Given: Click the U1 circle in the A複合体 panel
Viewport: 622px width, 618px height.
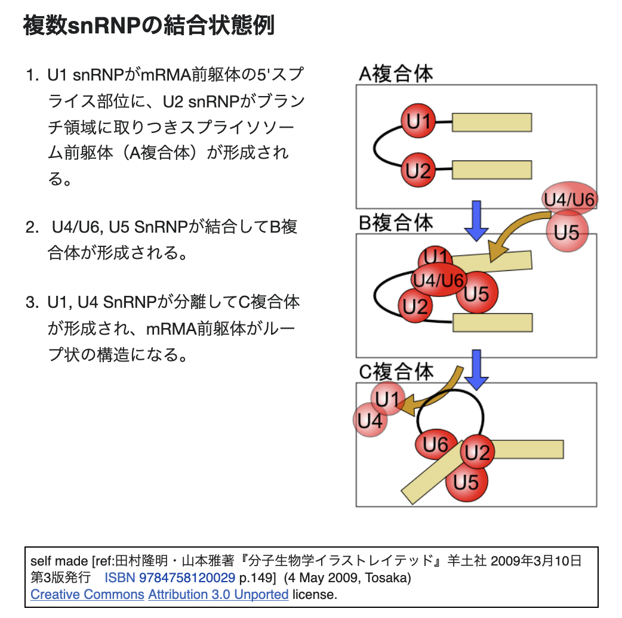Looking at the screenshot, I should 418,122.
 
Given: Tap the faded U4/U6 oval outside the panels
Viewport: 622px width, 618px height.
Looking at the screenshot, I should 569,200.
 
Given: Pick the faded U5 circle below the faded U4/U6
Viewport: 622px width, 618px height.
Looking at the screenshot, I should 566,232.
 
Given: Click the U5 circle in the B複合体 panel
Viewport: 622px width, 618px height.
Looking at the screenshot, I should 478,293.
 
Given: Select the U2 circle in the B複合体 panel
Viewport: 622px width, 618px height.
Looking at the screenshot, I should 415,307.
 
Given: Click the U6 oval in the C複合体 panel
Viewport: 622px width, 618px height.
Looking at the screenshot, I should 435,444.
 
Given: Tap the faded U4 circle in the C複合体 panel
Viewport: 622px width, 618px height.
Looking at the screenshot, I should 369,421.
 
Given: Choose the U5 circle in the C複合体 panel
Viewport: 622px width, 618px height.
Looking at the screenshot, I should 466,481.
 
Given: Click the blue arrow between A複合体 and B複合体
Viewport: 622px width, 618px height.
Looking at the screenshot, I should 476,220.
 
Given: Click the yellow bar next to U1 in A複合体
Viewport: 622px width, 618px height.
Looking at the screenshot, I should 492,122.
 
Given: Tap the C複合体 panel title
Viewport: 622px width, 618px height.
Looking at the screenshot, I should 396,372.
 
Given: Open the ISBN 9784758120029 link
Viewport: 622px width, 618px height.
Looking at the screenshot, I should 170,577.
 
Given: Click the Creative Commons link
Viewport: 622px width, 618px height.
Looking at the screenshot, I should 87,594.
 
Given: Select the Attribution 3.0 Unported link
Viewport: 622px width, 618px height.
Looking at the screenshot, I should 218,594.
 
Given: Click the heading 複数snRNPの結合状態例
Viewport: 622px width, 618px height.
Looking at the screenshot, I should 149,26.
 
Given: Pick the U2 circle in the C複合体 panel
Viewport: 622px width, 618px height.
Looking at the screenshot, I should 477,453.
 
